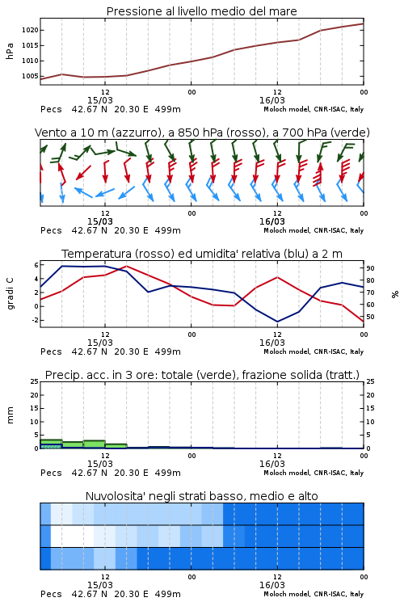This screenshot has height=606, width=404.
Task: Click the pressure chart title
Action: point(201,11)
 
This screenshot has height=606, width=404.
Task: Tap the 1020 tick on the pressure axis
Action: point(30,30)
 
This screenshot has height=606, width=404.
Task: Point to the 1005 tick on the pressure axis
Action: point(30,76)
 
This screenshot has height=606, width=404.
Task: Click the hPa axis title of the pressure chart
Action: point(10,51)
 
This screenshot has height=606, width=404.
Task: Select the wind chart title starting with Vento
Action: point(202,133)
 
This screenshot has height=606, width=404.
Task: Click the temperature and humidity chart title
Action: point(202,254)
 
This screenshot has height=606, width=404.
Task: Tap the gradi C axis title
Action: point(10,294)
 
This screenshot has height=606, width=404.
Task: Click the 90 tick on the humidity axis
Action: point(370,268)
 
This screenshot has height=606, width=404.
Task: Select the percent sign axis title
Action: point(395,294)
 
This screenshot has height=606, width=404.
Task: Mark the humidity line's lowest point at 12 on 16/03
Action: point(277,322)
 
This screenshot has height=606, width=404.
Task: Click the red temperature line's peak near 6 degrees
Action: point(127,266)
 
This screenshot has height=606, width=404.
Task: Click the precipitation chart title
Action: point(202,375)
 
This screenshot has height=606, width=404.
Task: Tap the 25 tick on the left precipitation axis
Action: point(35,381)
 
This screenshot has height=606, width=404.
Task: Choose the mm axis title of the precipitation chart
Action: point(10,415)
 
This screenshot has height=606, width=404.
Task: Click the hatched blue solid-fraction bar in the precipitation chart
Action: point(51,446)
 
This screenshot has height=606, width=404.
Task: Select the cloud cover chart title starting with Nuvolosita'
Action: point(202,496)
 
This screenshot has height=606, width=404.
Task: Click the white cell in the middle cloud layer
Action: point(72,536)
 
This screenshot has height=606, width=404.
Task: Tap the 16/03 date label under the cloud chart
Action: point(272,585)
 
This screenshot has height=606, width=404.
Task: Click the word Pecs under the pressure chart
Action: point(51,109)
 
